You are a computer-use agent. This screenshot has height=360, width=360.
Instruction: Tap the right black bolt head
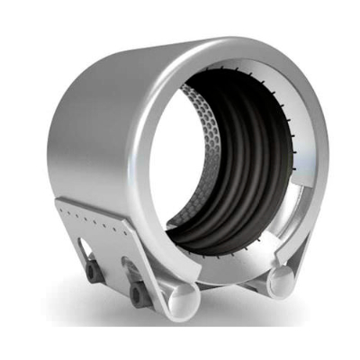(x=137, y=292)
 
